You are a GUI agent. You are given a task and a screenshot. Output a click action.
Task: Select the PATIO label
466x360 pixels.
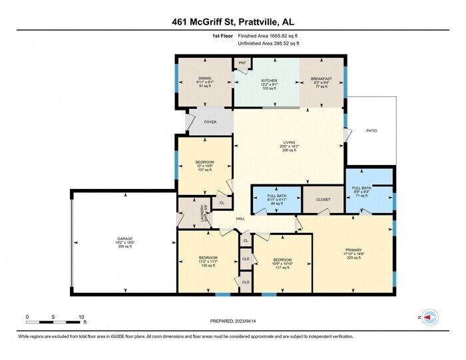(371, 130)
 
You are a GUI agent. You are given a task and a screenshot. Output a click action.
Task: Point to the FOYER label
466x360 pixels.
(210, 122)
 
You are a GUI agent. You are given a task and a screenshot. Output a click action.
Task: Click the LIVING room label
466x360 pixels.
(289, 142)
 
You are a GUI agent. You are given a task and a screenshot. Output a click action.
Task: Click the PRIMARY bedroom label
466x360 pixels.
(352, 250)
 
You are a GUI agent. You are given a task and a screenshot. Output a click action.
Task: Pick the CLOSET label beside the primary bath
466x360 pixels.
(322, 198)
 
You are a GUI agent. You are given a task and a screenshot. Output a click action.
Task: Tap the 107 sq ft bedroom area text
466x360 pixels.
(204, 170)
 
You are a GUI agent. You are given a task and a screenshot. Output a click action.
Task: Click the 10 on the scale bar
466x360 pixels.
(82, 317)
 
